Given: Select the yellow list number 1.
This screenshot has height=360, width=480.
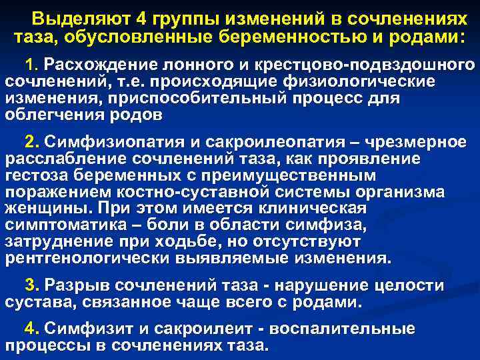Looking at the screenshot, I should (30, 65).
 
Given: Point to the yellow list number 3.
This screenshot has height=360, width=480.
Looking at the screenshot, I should (30, 285).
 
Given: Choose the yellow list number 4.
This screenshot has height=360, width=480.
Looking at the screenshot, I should (30, 329).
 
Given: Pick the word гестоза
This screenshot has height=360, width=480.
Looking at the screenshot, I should (36, 175).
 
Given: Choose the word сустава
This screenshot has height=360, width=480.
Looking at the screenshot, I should (33, 302).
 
